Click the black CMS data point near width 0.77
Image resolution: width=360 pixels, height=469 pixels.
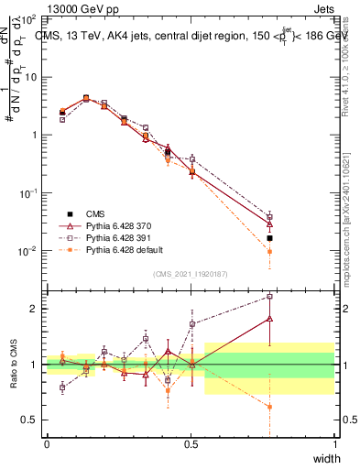[269, 238]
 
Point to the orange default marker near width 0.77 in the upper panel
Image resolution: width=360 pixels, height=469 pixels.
[269, 251]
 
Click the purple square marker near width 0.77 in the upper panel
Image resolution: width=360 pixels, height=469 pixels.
[269, 217]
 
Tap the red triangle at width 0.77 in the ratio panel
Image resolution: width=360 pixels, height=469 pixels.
[269, 319]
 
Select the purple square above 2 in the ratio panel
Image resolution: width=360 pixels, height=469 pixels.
[269, 297]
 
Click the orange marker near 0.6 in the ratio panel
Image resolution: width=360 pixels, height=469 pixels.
[269, 407]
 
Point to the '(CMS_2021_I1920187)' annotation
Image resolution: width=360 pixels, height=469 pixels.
[191, 274]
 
